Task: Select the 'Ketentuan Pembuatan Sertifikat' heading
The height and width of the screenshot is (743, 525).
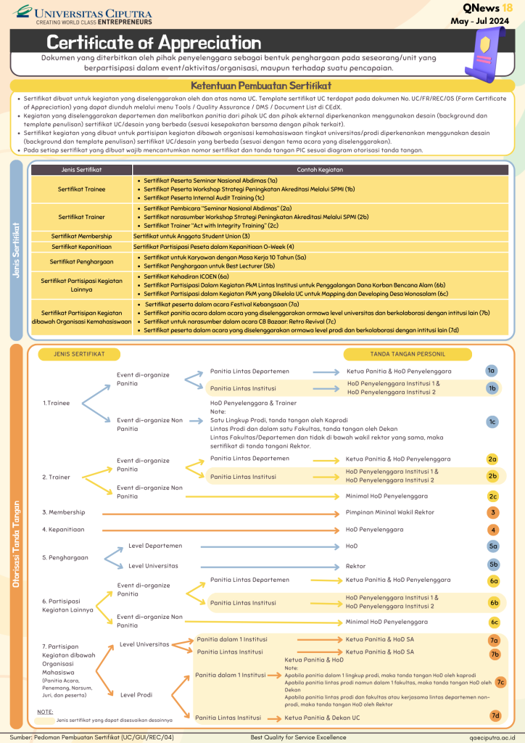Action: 262,85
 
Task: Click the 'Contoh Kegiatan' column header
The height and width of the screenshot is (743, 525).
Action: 321,170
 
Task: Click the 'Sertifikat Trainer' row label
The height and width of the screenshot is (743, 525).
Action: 80,217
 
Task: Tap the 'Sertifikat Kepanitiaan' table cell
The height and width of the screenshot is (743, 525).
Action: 80,247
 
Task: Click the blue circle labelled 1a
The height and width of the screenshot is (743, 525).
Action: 492,371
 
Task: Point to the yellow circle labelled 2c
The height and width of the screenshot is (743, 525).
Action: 492,496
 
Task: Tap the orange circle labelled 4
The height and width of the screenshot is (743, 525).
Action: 492,530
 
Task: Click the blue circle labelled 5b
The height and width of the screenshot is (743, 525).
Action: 492,565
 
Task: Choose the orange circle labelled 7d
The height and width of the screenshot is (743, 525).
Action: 495,716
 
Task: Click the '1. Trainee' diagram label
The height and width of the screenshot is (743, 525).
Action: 56,402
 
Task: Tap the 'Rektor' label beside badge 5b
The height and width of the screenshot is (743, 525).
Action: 355,566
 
